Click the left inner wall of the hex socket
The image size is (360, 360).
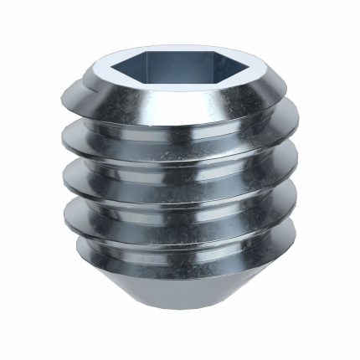(x=142, y=67)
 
